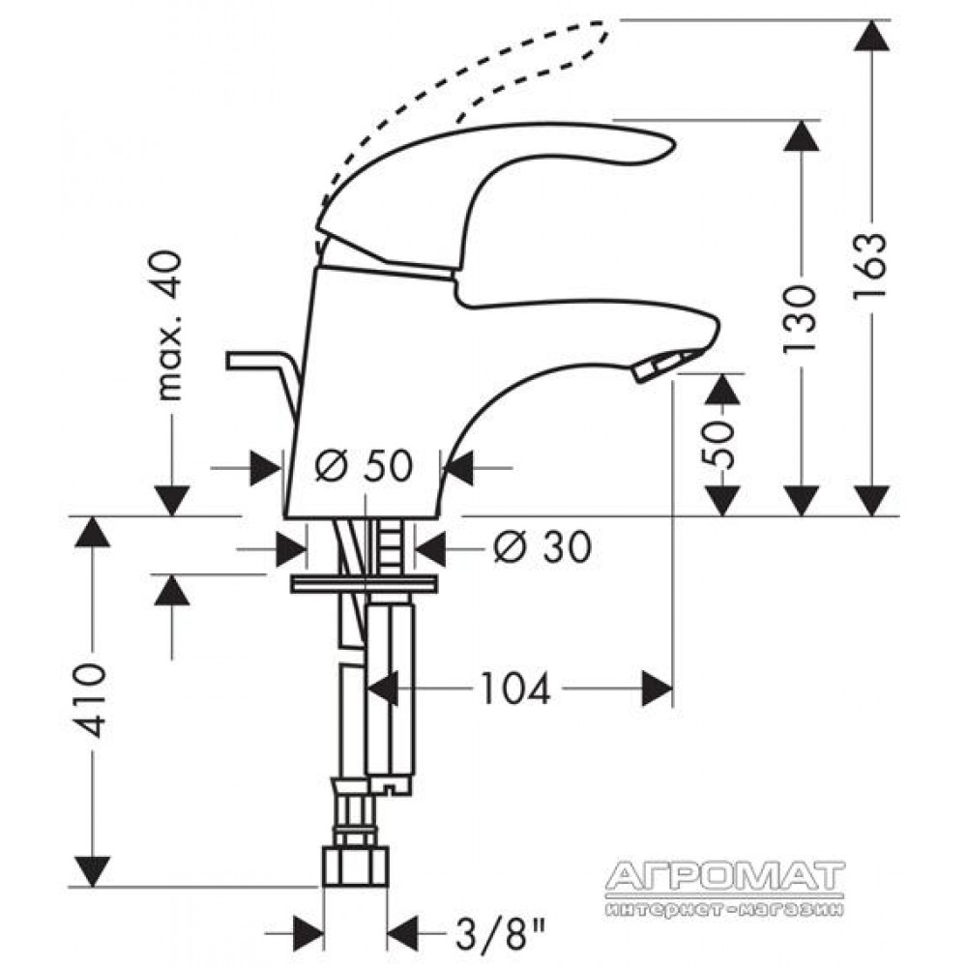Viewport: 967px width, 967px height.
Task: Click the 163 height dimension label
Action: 869,265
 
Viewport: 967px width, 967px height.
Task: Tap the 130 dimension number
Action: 800,319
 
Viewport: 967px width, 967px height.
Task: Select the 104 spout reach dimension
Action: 515,689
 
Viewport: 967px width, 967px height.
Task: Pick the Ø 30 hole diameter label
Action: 542,546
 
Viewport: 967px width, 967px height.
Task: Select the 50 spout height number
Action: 719,445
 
